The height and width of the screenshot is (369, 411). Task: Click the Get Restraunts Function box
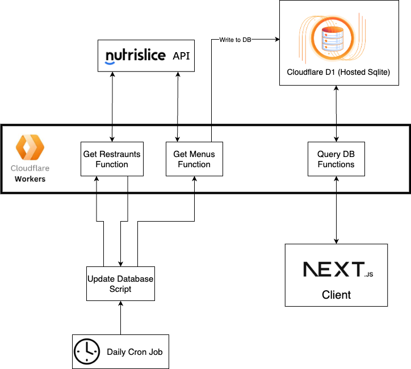pos(112,159)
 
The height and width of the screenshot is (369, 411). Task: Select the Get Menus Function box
pos(194,159)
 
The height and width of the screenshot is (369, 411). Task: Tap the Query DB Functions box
pos(336,159)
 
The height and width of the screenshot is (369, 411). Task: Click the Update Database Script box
pos(120,283)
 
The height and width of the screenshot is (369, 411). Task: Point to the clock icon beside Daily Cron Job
pos(87,351)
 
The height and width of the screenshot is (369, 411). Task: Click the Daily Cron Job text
pos(135,352)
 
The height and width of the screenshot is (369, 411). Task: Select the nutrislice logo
pos(136,56)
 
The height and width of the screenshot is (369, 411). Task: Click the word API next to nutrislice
pos(182,56)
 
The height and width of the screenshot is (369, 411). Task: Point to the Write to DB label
pos(235,40)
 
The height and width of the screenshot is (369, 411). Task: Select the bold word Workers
pos(30,179)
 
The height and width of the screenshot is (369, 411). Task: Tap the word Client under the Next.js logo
pos(336,295)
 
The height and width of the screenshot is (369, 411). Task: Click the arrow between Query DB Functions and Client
pos(336,210)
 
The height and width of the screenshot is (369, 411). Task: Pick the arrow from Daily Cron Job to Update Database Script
pos(120,317)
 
